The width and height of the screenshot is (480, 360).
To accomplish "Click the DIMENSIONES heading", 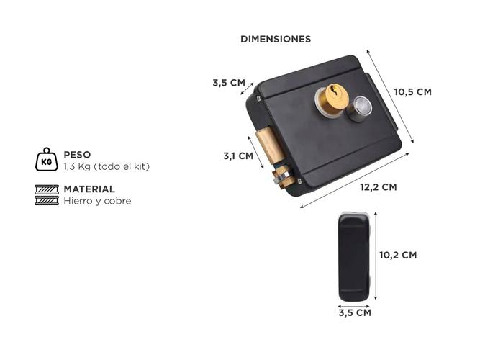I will [x=276, y=39].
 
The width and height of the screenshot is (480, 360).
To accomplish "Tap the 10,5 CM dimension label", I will [x=412, y=91].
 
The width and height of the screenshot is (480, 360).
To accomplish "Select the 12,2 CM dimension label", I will [x=378, y=187].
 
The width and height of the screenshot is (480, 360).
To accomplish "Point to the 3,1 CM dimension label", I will [x=237, y=156].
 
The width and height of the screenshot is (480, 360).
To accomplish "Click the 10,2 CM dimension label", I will [x=397, y=255].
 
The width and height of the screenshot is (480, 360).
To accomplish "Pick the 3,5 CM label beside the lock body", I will [x=229, y=83].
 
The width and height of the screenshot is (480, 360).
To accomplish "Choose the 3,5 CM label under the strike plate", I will [x=355, y=313].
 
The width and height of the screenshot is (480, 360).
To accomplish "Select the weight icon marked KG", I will [x=46, y=159].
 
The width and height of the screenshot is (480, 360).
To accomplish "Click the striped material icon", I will [x=46, y=195].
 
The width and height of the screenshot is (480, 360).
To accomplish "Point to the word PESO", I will [x=77, y=154].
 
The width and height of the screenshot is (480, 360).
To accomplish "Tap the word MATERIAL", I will [x=89, y=189].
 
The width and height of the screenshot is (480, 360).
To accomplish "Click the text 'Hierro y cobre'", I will [x=97, y=201].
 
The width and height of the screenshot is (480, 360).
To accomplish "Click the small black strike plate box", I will [x=355, y=256].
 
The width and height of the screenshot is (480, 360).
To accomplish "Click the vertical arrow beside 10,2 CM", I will [x=376, y=257].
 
